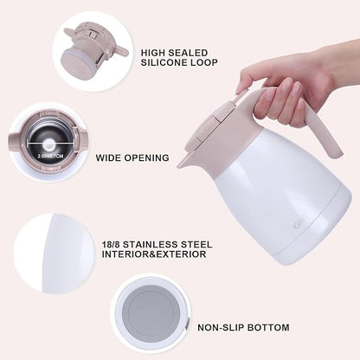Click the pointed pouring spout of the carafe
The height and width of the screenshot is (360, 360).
click(184, 161)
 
